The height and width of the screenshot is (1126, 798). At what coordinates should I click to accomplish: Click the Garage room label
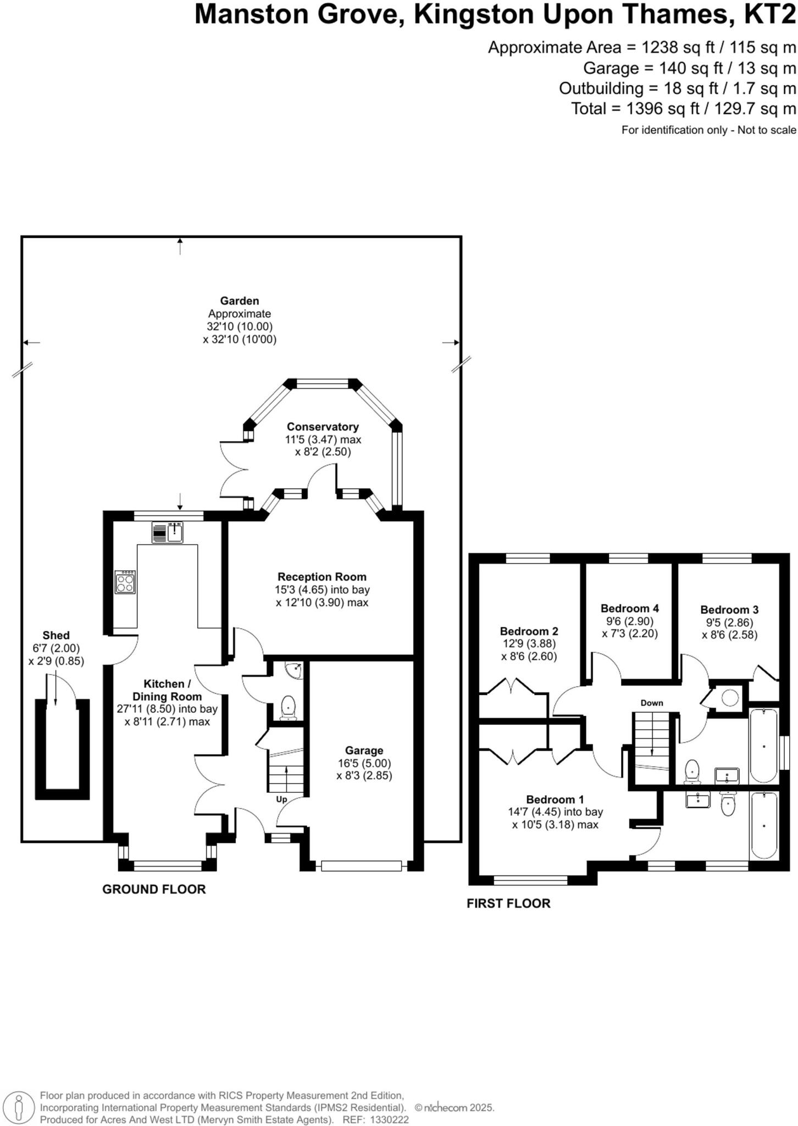(x=364, y=750)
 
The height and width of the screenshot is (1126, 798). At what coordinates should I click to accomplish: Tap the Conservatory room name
(x=323, y=427)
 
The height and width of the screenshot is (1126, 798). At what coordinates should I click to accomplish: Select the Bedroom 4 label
(x=629, y=608)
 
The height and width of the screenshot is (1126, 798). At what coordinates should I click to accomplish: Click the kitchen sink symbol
(x=175, y=532)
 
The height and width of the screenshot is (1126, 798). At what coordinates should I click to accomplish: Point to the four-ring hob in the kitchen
(x=125, y=582)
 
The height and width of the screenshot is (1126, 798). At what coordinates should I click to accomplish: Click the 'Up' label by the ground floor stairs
(x=281, y=799)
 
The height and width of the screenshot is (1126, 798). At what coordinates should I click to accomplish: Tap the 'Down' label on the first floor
(x=652, y=703)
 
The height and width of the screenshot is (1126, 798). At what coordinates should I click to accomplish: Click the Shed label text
(x=56, y=635)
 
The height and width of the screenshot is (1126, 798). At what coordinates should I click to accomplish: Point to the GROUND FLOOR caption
(x=154, y=889)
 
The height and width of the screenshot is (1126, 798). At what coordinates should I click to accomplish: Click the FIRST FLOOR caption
(x=508, y=903)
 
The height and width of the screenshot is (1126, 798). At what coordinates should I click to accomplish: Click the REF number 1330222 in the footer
(x=390, y=1119)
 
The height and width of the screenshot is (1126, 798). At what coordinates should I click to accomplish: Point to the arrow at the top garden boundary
(x=180, y=246)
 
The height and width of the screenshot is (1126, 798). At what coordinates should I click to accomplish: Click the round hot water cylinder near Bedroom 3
(x=730, y=698)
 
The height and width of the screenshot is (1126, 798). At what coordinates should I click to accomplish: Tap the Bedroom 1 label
(x=555, y=799)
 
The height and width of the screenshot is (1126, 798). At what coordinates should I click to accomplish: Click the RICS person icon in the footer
(x=19, y=1107)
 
